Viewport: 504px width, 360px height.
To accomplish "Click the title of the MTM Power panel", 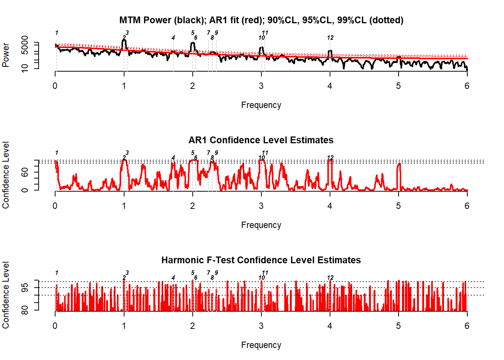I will point(261,20).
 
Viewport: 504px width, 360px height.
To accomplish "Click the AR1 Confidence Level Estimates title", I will point(261,140).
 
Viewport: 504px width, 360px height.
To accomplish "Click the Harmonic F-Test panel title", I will point(261,260).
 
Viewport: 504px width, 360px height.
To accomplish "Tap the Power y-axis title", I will point(6,55).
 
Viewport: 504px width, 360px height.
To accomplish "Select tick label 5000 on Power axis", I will point(25,45).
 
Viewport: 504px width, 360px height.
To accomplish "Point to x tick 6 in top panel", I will point(467,86).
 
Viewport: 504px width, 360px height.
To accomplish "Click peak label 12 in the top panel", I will point(330,37).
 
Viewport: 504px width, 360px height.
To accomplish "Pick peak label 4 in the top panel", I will point(173,37).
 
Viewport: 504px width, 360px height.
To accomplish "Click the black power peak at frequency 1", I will point(124,40).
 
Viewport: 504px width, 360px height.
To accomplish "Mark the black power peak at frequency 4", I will point(330,51).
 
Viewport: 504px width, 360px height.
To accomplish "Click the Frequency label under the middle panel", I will point(261,225).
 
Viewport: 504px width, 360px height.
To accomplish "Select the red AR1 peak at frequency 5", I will point(399,164).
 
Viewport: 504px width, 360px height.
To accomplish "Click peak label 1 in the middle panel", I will point(57,153).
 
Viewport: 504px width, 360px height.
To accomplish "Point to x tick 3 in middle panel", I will point(261,206).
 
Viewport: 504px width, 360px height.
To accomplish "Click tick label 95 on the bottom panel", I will point(25,288).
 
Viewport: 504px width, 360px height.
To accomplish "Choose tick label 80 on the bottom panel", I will point(25,310).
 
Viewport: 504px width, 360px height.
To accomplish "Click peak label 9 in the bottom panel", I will point(216,273).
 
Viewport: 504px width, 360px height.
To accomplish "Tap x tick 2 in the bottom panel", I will point(192,326).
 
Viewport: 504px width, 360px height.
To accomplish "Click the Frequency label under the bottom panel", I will point(261,345).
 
